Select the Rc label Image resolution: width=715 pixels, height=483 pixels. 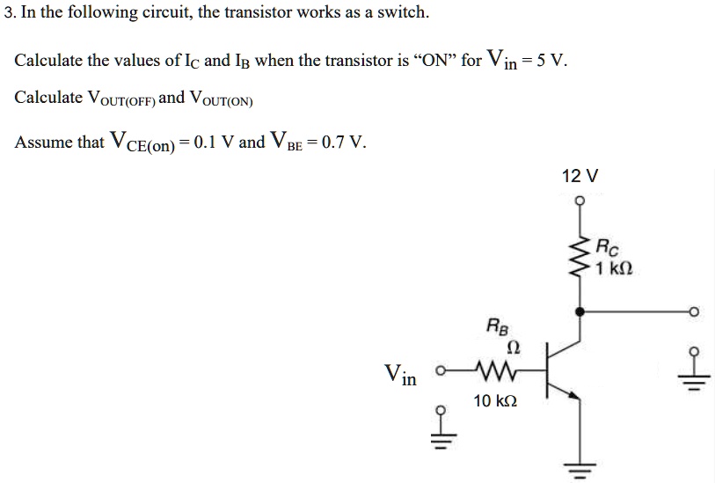(x=607, y=247)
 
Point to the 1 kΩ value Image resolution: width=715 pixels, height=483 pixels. (x=612, y=267)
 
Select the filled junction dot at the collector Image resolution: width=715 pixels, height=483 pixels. (x=579, y=311)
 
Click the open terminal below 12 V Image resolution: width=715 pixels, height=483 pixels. (x=579, y=201)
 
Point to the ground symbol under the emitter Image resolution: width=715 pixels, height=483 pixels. (x=579, y=470)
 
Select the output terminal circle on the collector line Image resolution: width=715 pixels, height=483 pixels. (x=695, y=311)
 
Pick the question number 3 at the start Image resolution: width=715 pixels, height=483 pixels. (x=8, y=13)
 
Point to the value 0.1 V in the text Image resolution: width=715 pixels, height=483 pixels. (x=212, y=142)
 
